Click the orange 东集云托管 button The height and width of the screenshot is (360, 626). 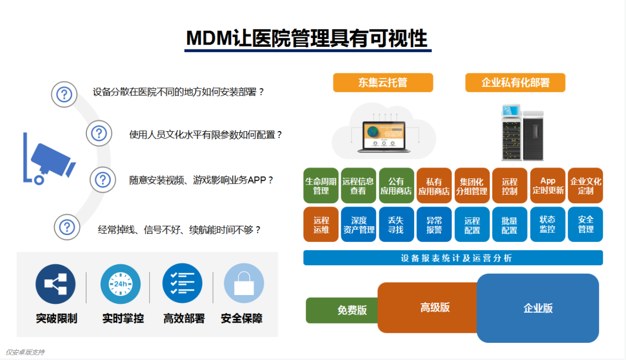(x=382, y=83)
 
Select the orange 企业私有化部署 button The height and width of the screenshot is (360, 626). (x=515, y=83)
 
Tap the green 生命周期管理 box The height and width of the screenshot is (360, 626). (x=321, y=186)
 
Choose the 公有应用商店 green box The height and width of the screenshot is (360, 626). (x=396, y=186)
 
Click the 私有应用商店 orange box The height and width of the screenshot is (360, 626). (x=434, y=186)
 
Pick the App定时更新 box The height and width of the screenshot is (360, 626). (x=547, y=186)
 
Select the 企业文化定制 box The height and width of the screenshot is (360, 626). (x=585, y=186)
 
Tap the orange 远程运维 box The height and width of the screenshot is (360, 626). (x=321, y=225)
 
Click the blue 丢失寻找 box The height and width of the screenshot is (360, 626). (x=396, y=225)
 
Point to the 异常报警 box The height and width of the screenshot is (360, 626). (x=434, y=225)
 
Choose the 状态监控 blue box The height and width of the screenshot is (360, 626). (x=547, y=225)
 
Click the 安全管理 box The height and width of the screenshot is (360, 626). (x=585, y=225)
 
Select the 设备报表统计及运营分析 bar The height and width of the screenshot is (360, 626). (x=453, y=258)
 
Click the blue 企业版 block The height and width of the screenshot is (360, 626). (x=538, y=308)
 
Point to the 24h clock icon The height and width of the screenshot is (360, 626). (x=120, y=284)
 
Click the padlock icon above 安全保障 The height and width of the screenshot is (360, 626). (x=244, y=284)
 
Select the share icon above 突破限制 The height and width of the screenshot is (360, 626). (x=56, y=284)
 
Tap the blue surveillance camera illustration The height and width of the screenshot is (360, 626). (x=49, y=159)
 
